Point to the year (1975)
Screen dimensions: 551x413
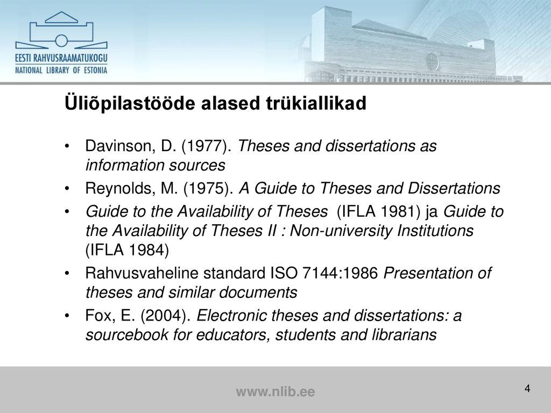tap(208, 188)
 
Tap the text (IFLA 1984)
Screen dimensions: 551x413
tap(127, 250)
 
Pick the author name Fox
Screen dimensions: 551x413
tap(100, 316)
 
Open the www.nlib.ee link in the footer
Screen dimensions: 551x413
tap(275, 391)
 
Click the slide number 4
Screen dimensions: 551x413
tap(527, 388)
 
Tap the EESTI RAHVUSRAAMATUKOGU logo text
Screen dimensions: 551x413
tap(61, 58)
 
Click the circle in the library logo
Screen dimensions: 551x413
tap(61, 41)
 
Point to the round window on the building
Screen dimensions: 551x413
tap(432, 61)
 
